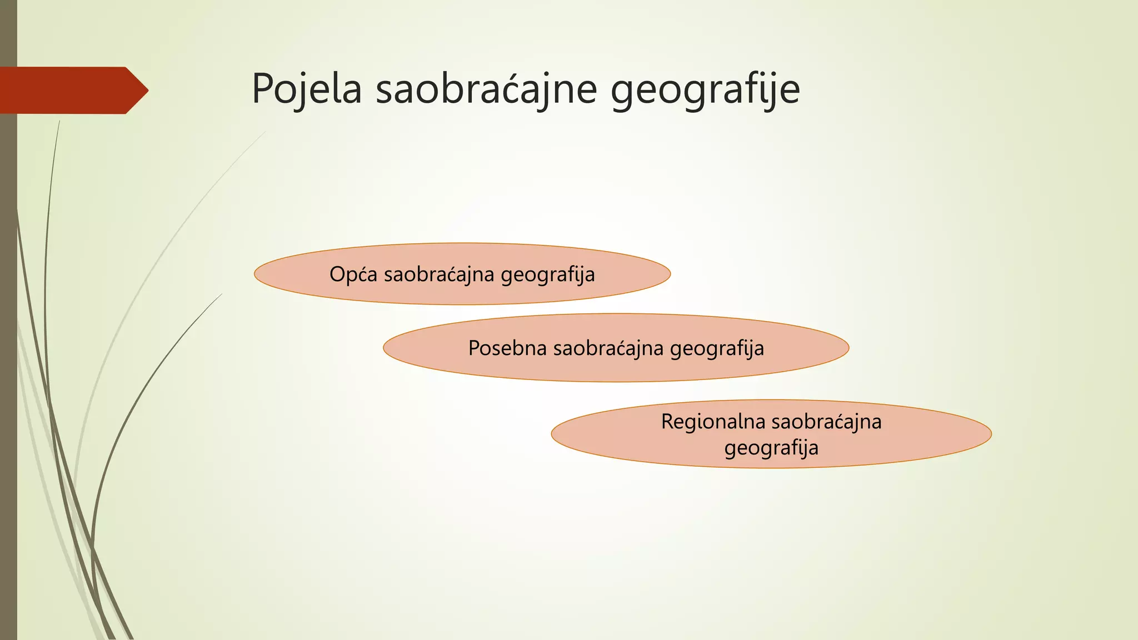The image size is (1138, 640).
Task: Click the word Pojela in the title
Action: pos(307,89)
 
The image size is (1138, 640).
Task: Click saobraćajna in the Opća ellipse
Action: pos(439,274)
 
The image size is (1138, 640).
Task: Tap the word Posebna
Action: pos(507,348)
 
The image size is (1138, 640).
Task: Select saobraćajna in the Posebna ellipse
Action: pos(608,348)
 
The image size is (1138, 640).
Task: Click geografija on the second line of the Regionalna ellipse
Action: pos(771,448)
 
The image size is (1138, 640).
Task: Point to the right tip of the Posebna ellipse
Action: pos(848,348)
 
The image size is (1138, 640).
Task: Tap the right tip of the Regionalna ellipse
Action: pos(991,433)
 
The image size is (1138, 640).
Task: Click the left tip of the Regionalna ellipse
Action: pos(552,434)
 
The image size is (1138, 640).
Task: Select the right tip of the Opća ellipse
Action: pos(670,274)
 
